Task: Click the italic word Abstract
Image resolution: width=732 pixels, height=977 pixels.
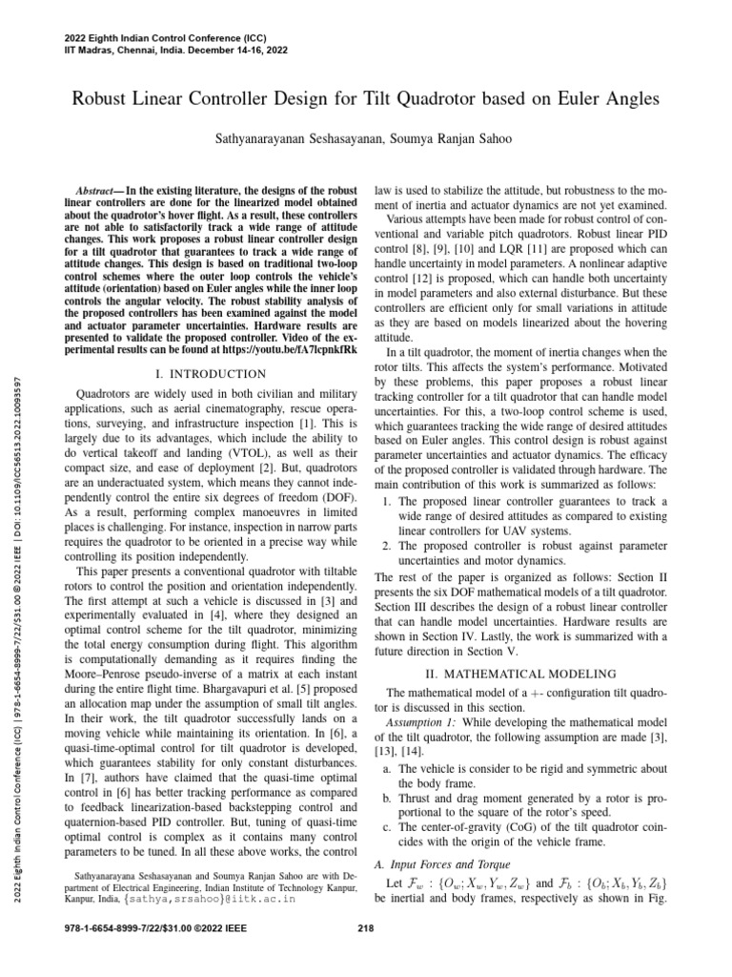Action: pos(126,192)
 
